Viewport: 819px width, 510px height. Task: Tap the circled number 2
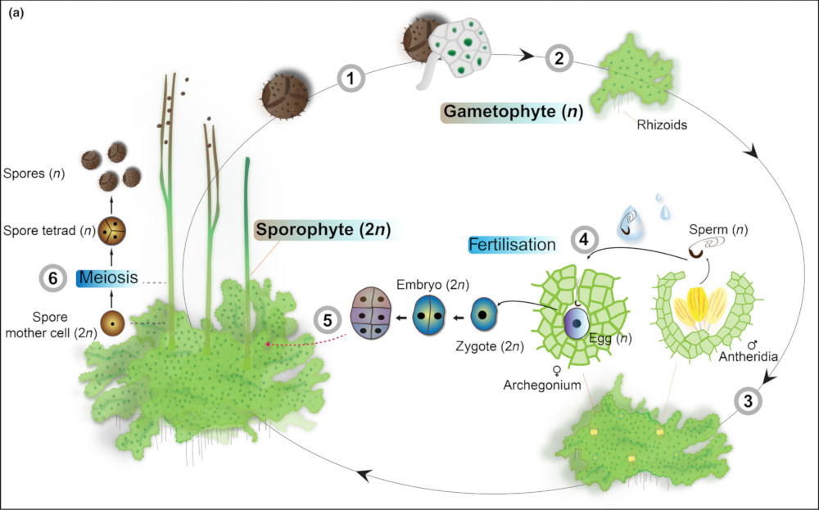pos(559,58)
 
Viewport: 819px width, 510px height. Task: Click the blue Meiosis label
pos(103,278)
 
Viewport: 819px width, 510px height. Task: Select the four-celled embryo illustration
pos(373,312)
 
